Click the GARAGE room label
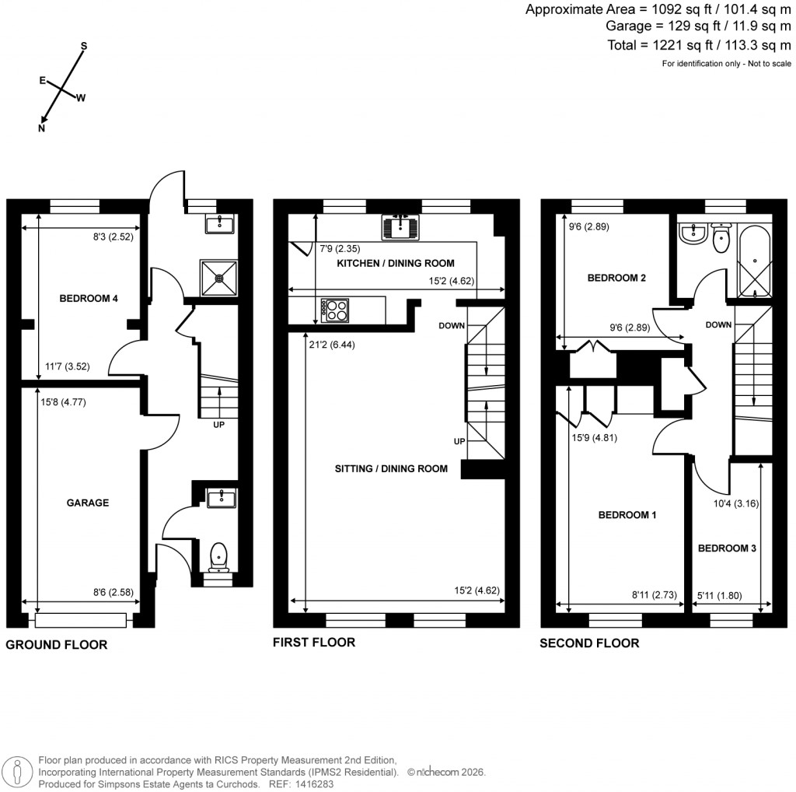pyautogui.click(x=87, y=503)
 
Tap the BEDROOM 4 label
pyautogui.click(x=88, y=297)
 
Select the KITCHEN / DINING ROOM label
pyautogui.click(x=395, y=263)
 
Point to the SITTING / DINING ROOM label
pyautogui.click(x=391, y=468)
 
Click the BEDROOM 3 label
pyautogui.click(x=727, y=548)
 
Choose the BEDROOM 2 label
pyautogui.click(x=616, y=278)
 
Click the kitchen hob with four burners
pyautogui.click(x=335, y=310)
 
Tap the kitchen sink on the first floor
pyautogui.click(x=400, y=227)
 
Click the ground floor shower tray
pyautogui.click(x=222, y=276)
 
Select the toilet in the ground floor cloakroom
pyautogui.click(x=219, y=555)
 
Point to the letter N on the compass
pyautogui.click(x=42, y=129)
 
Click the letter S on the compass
pyautogui.click(x=84, y=47)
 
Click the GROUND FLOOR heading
pyautogui.click(x=57, y=645)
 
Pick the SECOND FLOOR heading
pyautogui.click(x=590, y=643)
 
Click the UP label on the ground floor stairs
pyautogui.click(x=220, y=425)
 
